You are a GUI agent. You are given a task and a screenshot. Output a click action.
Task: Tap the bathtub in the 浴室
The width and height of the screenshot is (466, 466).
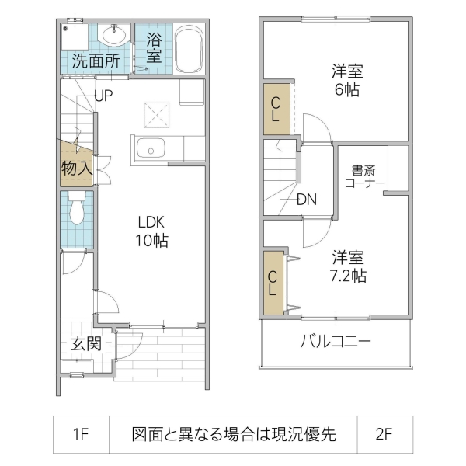[189, 50]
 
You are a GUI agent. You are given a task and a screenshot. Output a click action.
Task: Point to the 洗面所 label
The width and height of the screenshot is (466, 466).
[96, 62]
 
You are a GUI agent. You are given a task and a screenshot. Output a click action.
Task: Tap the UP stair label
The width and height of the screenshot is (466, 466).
[105, 96]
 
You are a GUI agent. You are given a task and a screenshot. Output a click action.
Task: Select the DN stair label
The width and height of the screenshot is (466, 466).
[306, 199]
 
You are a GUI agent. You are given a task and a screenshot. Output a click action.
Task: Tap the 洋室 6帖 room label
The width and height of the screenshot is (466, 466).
[347, 80]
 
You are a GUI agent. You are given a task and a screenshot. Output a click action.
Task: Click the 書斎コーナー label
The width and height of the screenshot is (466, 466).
[365, 176]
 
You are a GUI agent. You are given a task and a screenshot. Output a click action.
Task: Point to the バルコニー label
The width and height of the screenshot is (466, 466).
[336, 343]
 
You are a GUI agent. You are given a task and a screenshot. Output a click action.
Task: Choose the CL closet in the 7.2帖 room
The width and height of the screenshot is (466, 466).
[273, 283]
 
